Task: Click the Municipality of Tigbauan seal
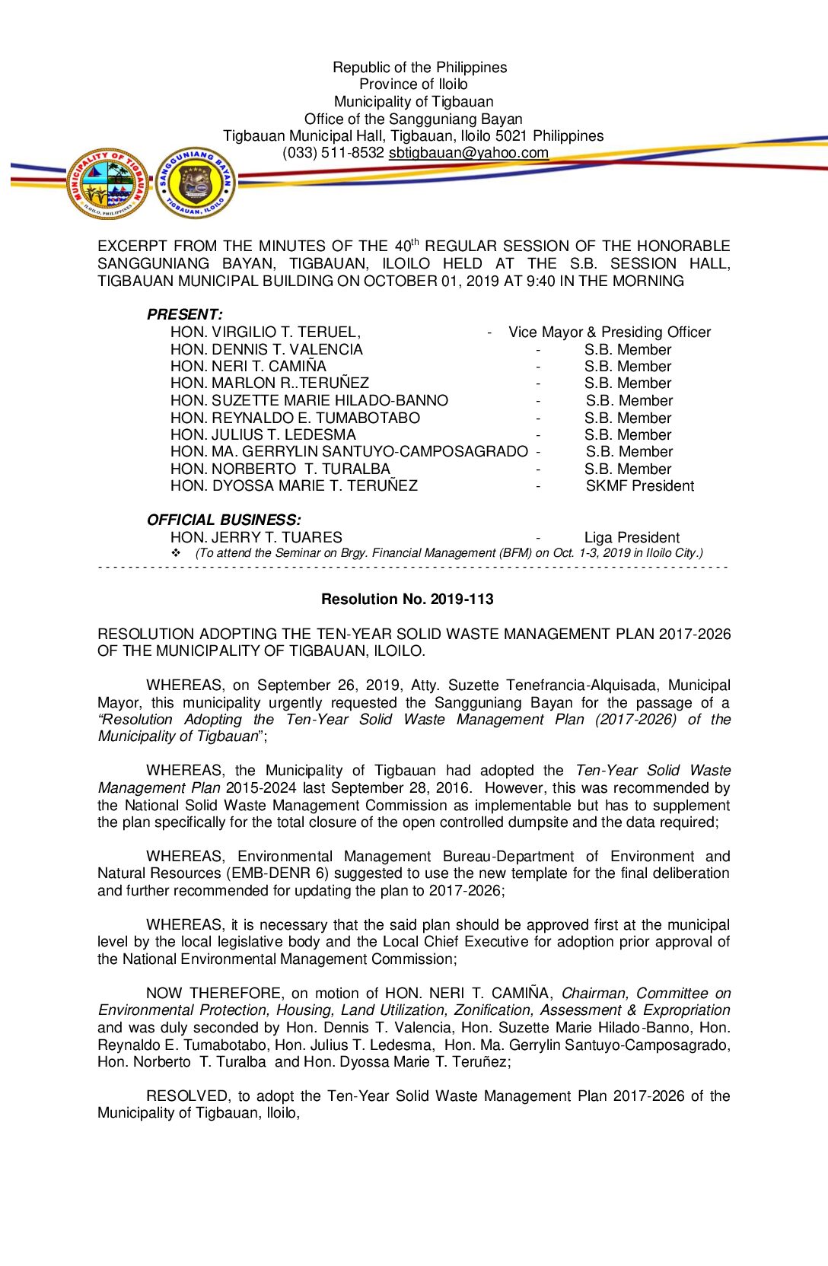[x=108, y=183]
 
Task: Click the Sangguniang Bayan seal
[x=196, y=183]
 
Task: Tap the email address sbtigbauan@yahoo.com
[x=468, y=153]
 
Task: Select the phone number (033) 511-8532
[x=333, y=153]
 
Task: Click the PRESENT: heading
[x=185, y=314]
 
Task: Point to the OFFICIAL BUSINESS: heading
[x=224, y=520]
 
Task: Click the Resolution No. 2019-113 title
[x=407, y=600]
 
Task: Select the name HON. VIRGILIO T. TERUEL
[x=265, y=332]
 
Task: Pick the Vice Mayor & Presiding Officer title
[x=610, y=332]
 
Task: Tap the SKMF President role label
[x=639, y=486]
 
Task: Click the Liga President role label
[x=632, y=538]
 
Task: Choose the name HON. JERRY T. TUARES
[x=256, y=538]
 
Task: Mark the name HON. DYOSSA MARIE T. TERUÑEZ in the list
[x=294, y=486]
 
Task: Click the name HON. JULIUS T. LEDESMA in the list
[x=263, y=435]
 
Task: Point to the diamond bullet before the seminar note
[x=176, y=553]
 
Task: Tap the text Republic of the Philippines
[x=419, y=68]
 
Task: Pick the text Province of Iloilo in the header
[x=413, y=84]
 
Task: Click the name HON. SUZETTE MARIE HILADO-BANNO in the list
[x=309, y=401]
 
